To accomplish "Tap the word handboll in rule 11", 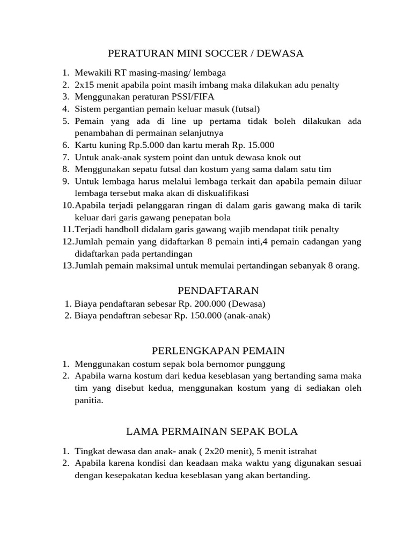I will (119, 229).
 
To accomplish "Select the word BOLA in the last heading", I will (284, 431).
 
